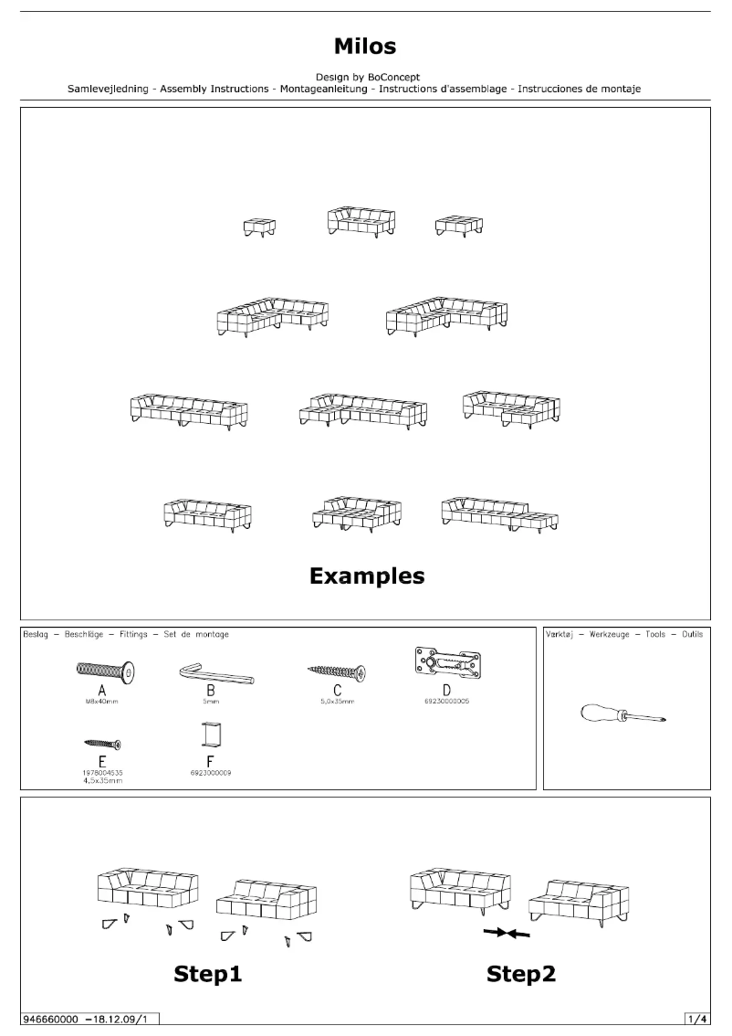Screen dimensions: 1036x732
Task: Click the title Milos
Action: (365, 46)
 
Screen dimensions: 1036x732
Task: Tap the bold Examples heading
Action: (366, 576)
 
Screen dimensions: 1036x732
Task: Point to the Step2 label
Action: (521, 975)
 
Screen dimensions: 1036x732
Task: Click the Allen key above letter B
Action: (215, 675)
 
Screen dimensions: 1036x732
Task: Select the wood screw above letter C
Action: (337, 671)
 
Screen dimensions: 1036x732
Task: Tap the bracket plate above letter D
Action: (446, 661)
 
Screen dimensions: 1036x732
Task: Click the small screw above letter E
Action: (102, 744)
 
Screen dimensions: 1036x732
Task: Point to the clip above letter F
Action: (211, 735)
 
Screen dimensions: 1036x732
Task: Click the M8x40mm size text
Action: (102, 703)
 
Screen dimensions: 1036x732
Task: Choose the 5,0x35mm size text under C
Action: (337, 703)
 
